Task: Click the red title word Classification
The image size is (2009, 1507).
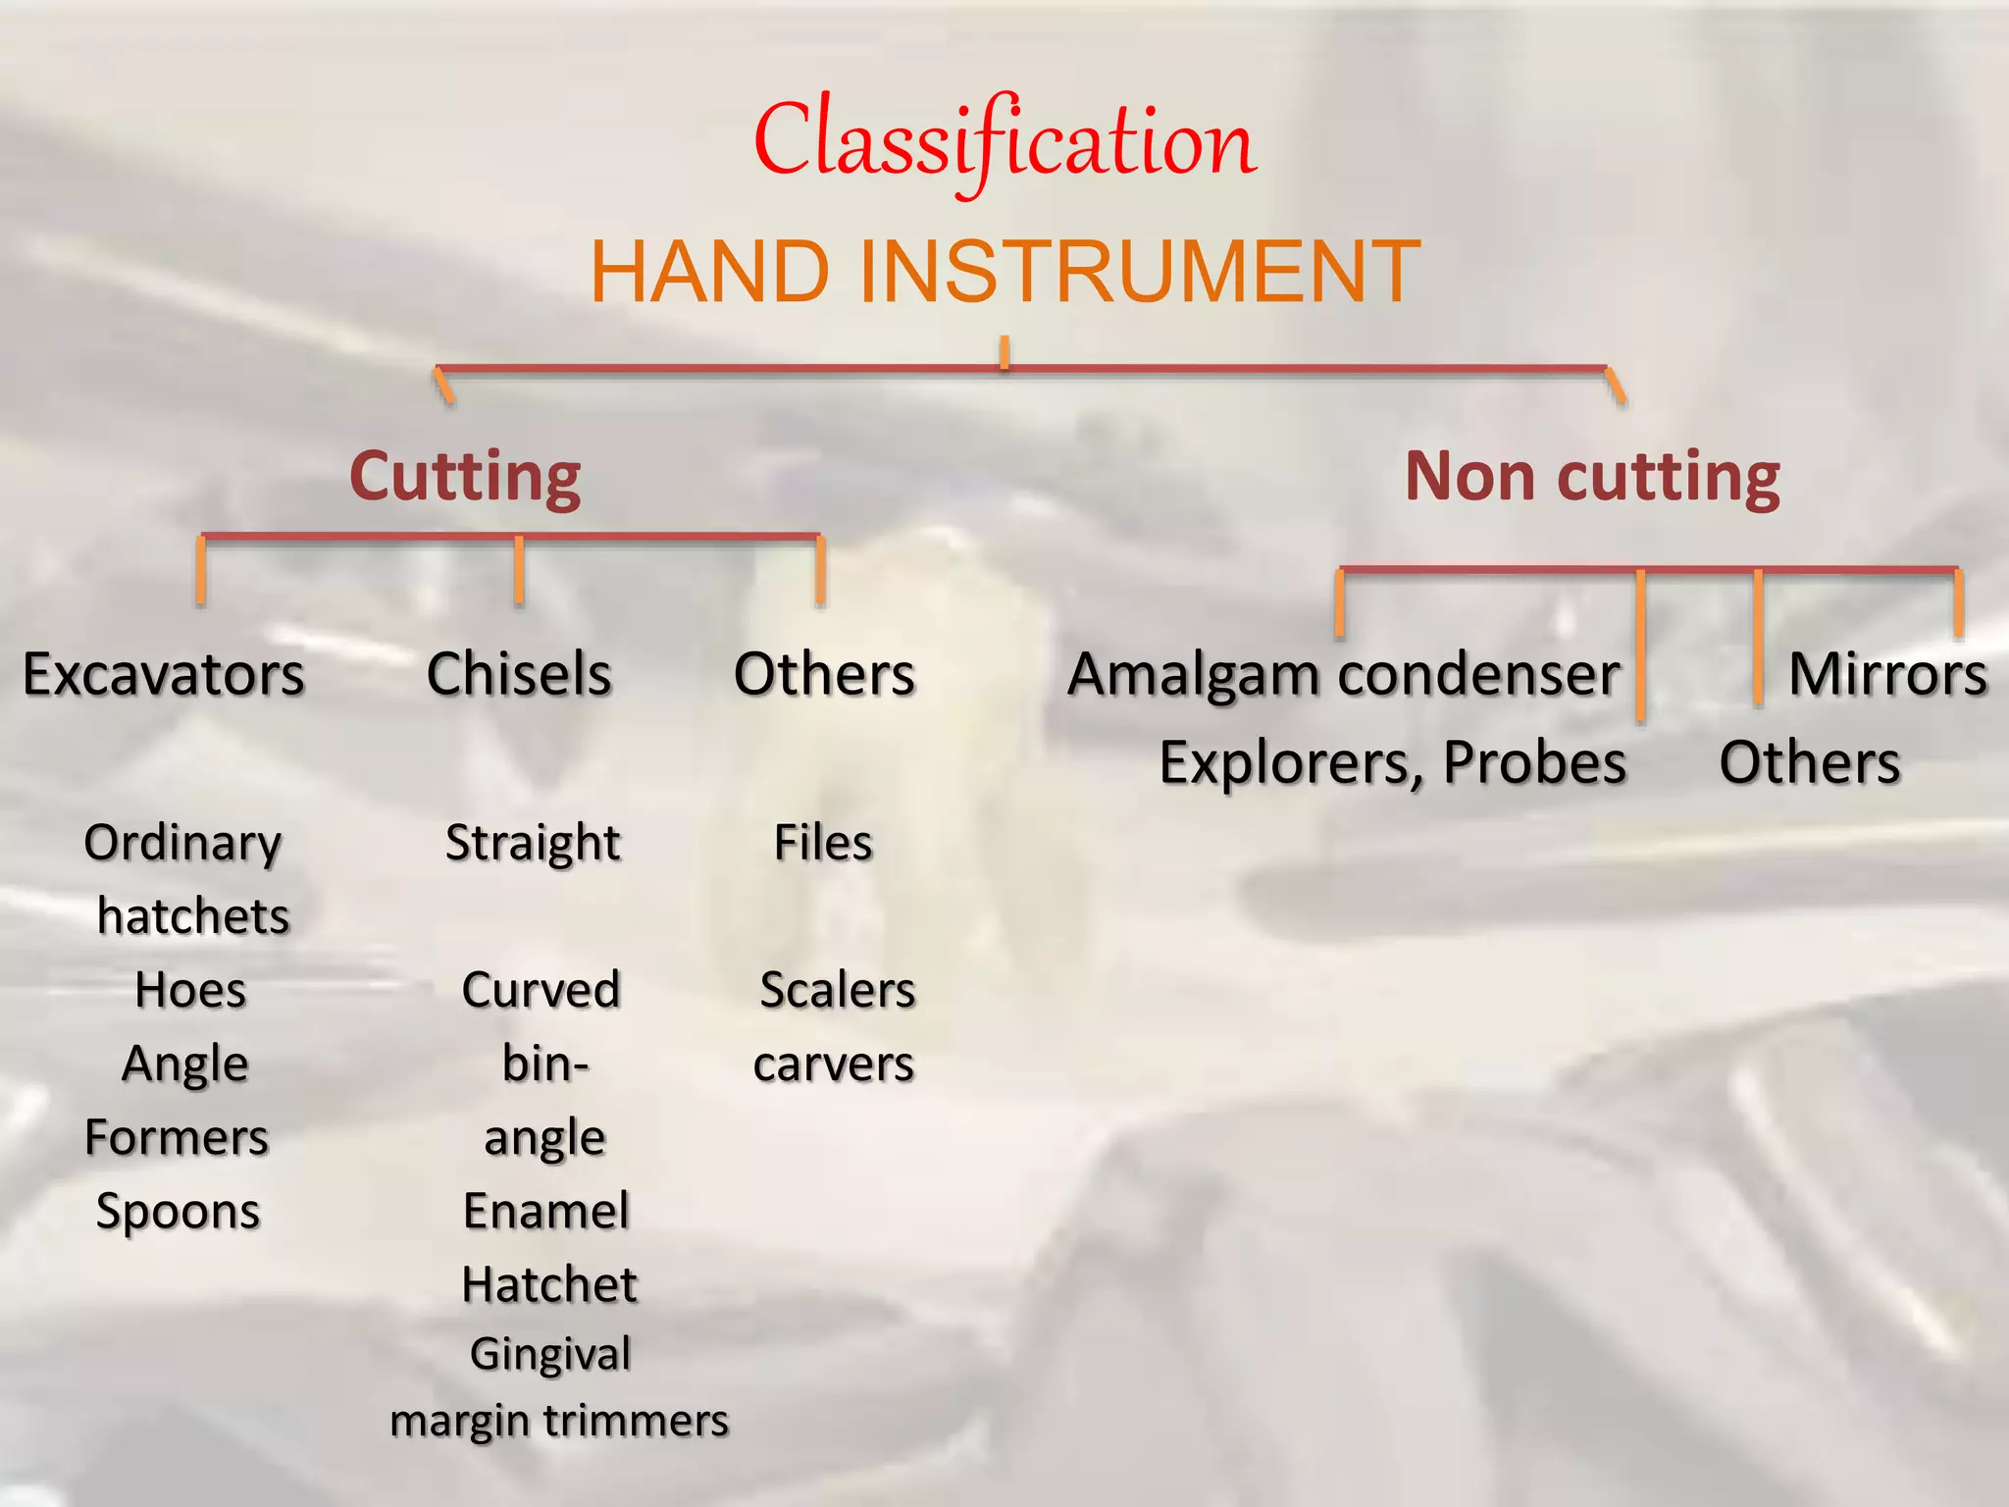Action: click(x=1004, y=142)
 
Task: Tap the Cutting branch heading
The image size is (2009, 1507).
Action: click(x=465, y=477)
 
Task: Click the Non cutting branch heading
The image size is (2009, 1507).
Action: click(x=1592, y=477)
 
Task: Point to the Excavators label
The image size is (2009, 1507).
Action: click(x=164, y=675)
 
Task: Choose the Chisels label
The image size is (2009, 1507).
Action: click(x=519, y=675)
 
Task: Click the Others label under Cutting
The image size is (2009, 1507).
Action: click(x=824, y=675)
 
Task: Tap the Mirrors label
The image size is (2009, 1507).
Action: click(x=1887, y=675)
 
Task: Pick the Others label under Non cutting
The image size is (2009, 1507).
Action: click(x=1810, y=763)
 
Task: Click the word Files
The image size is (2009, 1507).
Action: click(x=823, y=843)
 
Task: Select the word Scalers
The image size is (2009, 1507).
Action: click(x=838, y=990)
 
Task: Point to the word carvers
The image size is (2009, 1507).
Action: click(x=834, y=1065)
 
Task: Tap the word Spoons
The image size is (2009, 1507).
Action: click(x=178, y=1213)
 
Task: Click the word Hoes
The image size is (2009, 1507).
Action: click(x=190, y=990)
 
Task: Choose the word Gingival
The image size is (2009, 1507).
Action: click(x=550, y=1355)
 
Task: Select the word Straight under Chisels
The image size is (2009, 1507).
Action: click(x=533, y=843)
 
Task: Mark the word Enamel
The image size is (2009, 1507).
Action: click(x=546, y=1212)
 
